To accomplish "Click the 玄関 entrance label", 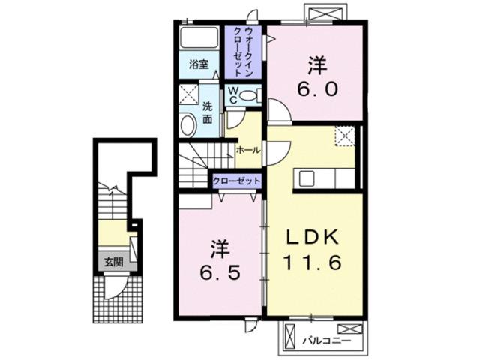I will click(113, 262).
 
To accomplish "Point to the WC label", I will click(234, 94).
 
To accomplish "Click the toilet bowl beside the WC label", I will click(253, 94).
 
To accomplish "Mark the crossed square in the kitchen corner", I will click(344, 136).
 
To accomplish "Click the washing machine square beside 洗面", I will click(187, 95).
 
